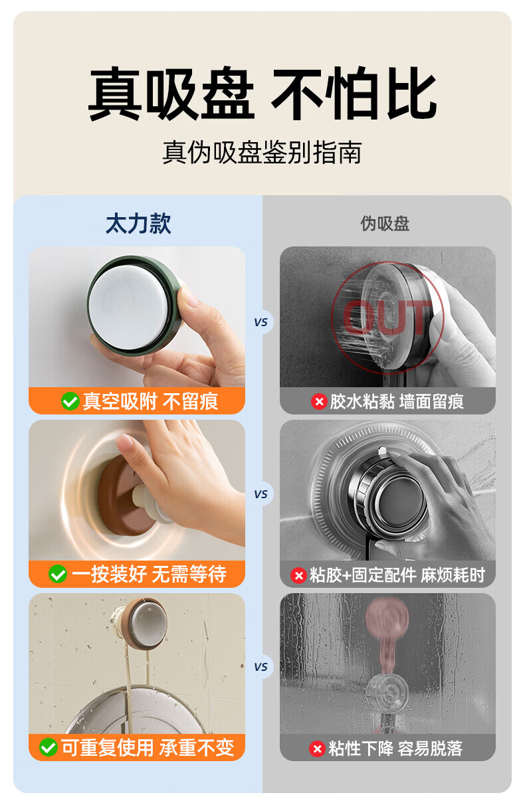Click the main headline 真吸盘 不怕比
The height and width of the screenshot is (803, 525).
[x=262, y=93]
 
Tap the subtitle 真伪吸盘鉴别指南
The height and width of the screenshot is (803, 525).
[x=262, y=152]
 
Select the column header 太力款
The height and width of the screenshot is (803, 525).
[x=138, y=223]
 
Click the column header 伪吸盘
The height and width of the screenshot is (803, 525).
[x=385, y=224]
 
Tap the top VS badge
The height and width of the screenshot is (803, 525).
[x=261, y=322]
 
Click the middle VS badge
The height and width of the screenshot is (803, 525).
[x=261, y=494]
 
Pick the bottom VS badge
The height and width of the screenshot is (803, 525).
[x=261, y=667]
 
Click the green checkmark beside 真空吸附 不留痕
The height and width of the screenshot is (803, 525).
[x=70, y=401]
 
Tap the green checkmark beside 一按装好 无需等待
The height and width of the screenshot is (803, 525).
[x=58, y=574]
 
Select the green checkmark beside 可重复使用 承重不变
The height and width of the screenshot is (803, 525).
[x=49, y=747]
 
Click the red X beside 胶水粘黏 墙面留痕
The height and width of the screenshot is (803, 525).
[x=319, y=401]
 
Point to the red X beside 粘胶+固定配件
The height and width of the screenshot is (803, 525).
[x=298, y=575]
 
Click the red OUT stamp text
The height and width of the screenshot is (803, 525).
[x=387, y=317]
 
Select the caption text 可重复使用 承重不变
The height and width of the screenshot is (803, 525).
[x=148, y=747]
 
